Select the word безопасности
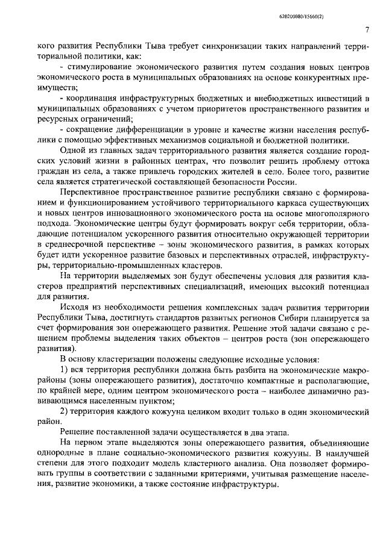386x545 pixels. coord(211,182)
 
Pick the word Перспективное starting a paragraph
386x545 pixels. coord(91,193)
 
